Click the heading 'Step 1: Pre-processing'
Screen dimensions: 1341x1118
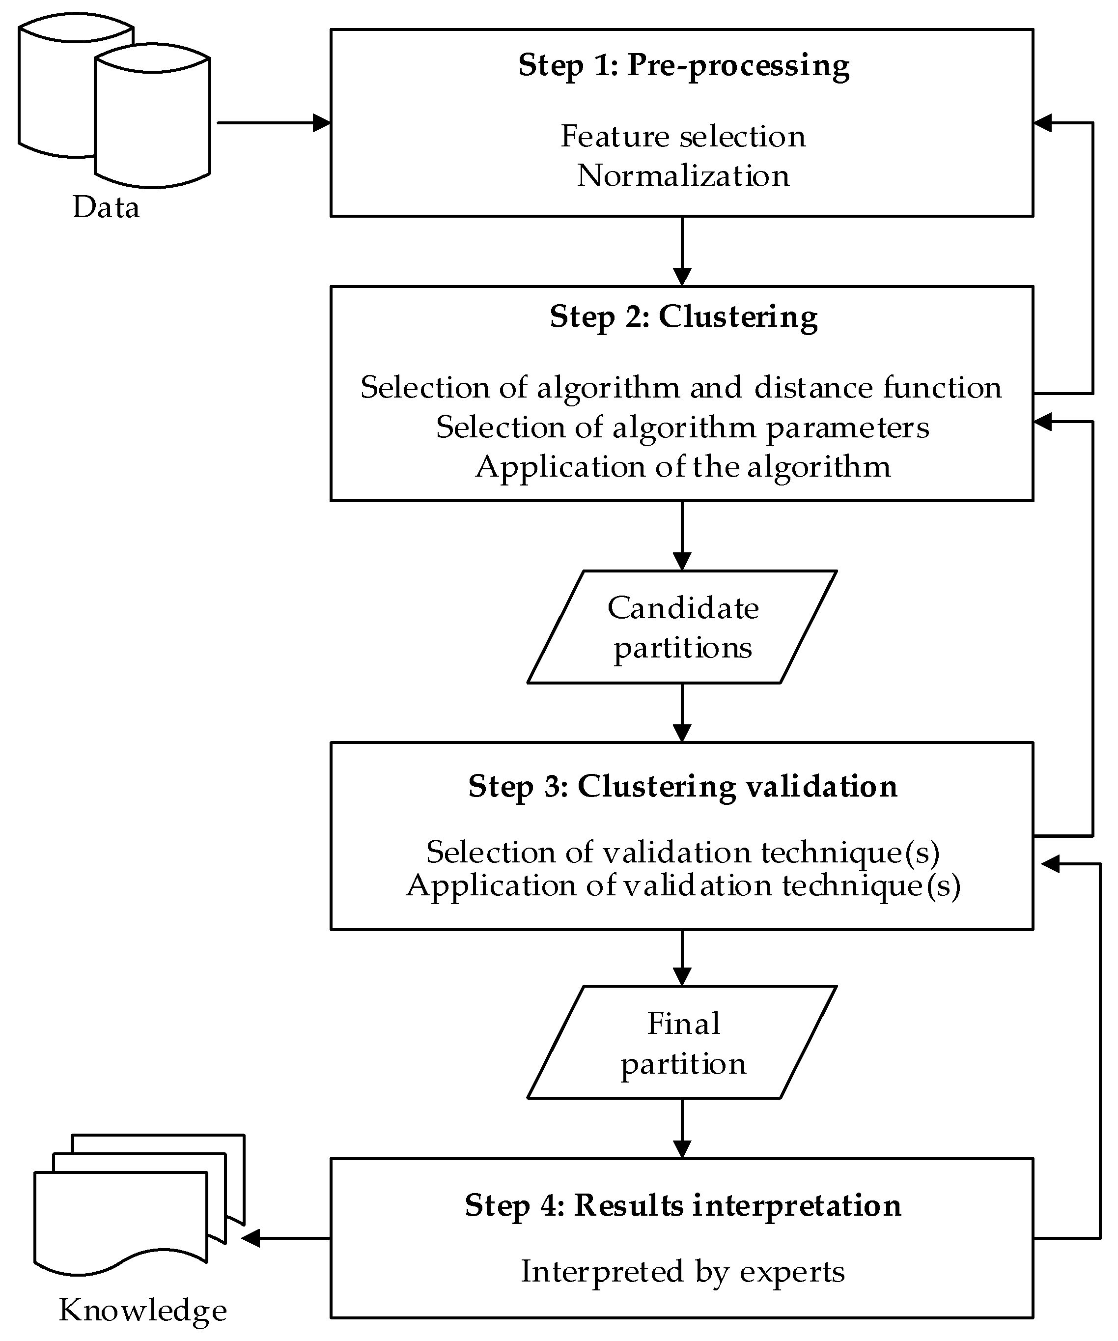[683, 66]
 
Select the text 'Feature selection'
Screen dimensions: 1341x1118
[683, 137]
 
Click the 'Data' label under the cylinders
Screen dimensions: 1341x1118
[106, 207]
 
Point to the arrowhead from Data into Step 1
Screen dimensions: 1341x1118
[321, 123]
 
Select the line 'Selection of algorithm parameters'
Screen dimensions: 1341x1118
[682, 427]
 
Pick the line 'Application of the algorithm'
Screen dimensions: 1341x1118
[683, 467]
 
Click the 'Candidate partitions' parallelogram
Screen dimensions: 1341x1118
[682, 627]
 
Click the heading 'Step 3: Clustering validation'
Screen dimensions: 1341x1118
[683, 786]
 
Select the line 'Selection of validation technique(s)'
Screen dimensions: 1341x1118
[683, 852]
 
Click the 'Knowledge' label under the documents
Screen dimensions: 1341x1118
[143, 1311]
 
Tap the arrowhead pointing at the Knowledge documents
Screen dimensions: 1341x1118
[251, 1238]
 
